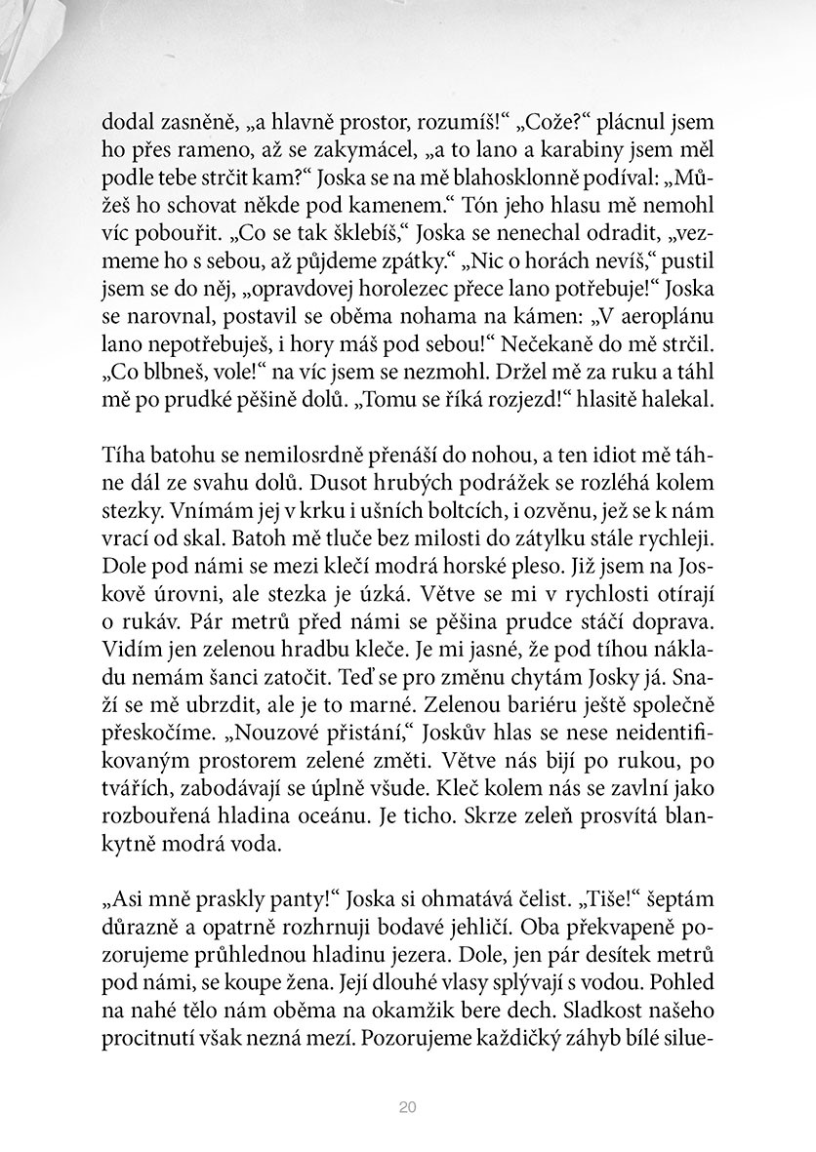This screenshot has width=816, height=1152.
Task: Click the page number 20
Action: point(408,1107)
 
